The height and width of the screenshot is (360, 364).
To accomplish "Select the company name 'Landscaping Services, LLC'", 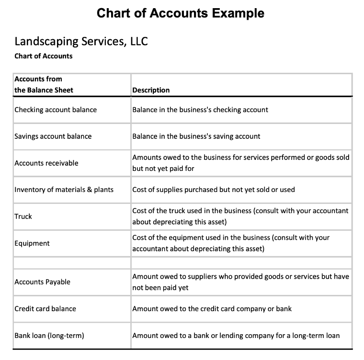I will tap(81, 41).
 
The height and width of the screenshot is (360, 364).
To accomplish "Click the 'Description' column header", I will tap(151, 90).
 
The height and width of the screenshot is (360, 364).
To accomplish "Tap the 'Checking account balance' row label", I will tap(56, 110).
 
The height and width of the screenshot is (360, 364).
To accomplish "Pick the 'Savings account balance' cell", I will tap(53, 136).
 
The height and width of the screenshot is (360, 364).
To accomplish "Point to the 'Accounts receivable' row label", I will tap(46, 163).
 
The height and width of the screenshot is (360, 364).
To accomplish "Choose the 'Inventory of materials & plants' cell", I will tap(64, 190).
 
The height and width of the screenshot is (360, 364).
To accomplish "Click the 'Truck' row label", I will tap(23, 216).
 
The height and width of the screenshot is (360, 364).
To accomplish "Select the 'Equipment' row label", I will tap(32, 243).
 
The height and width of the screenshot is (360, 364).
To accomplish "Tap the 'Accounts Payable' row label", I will tap(43, 282).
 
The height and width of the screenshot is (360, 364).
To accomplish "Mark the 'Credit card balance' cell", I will tap(45, 309).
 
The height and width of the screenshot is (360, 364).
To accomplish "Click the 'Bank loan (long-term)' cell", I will tap(49, 336).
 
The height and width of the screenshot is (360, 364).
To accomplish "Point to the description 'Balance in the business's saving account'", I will tap(196, 136).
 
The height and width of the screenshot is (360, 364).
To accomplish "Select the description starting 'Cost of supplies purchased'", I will tap(214, 190).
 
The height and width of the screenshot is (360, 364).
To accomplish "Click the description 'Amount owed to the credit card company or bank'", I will tap(212, 309).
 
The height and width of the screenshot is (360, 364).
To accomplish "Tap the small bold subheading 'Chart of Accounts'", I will tap(44, 56).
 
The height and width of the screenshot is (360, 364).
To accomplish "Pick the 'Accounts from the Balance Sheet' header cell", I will tap(44, 84).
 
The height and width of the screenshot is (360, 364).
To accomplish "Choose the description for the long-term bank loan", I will tap(236, 336).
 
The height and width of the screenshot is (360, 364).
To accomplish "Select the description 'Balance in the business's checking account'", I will tap(200, 110).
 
